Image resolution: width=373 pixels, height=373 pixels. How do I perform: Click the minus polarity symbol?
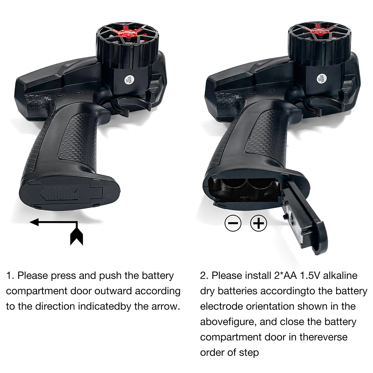coord(233,223)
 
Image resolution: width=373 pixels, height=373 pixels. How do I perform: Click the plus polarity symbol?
coord(258,223)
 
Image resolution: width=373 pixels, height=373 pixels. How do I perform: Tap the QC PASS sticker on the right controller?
coord(322,78)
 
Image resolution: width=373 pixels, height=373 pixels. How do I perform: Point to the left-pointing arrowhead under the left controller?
coord(34,222)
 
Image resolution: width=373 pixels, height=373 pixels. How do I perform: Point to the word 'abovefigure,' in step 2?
coord(228,322)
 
